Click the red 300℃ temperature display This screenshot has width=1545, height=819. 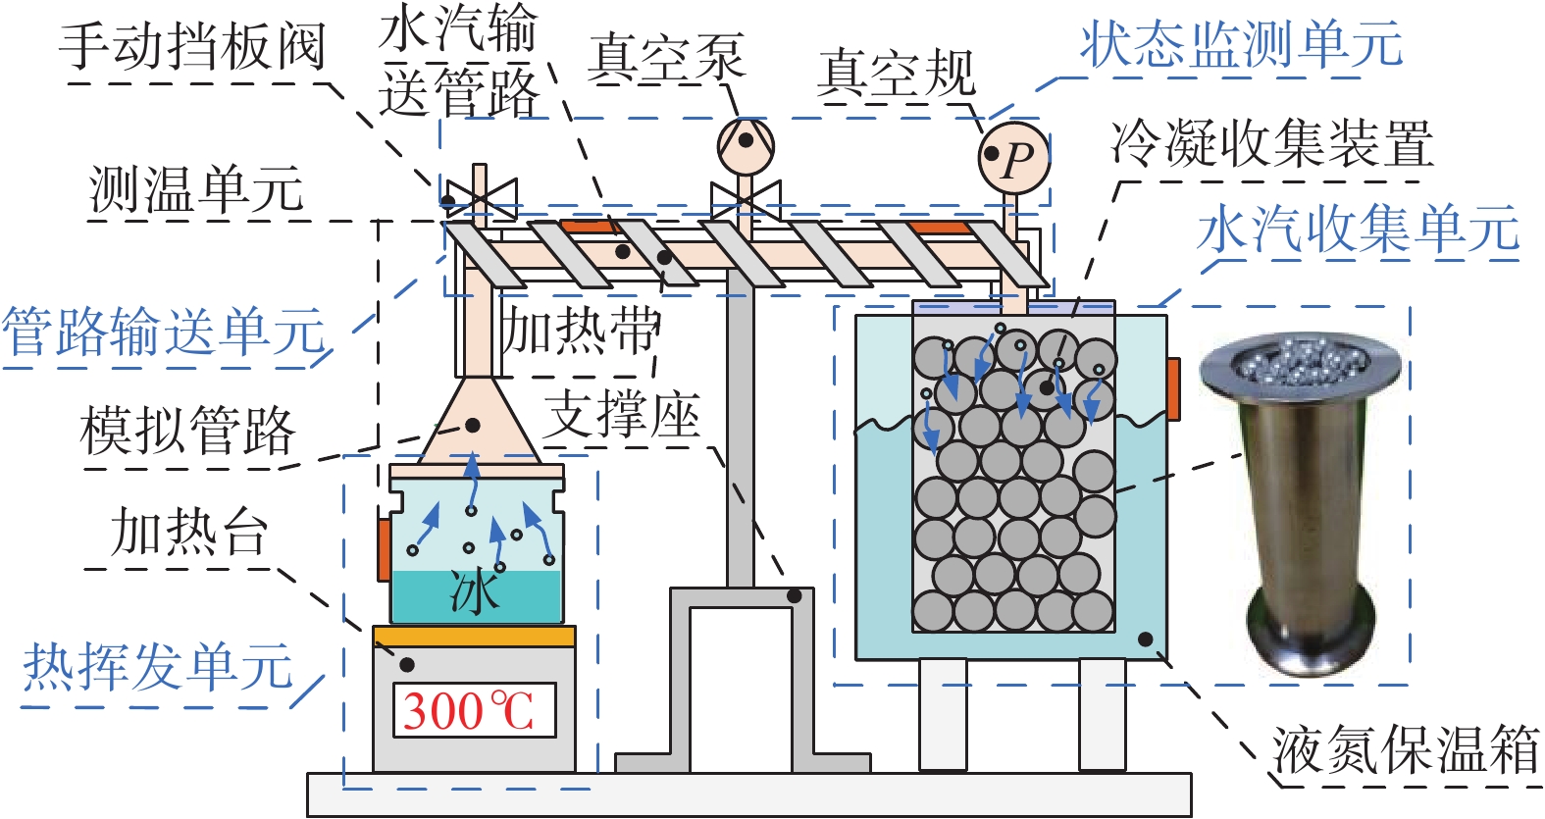click(475, 710)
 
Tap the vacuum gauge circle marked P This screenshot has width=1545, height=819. click(1014, 158)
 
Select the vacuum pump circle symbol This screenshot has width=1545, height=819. click(746, 145)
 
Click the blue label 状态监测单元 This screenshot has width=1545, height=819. click(1241, 44)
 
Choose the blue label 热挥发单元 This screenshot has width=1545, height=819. click(158, 667)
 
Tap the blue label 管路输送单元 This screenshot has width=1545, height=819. click(164, 332)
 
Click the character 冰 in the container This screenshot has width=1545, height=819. click(475, 592)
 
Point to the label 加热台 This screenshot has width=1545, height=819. click(189, 532)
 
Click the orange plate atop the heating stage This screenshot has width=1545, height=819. click(474, 636)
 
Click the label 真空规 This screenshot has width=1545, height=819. click(896, 74)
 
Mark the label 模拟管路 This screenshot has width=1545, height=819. click(188, 431)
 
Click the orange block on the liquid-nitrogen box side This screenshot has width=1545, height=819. click(1173, 388)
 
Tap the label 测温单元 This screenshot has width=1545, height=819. click(196, 189)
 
